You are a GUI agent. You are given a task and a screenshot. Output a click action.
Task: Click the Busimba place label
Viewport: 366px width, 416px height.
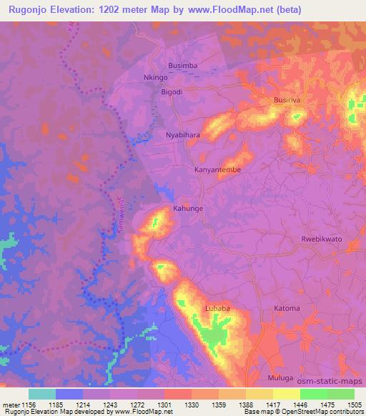coord(184,64)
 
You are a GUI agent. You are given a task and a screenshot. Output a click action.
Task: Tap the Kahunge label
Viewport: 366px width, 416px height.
coord(188,209)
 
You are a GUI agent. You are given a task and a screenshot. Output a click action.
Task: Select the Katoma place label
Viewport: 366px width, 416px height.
coord(287,308)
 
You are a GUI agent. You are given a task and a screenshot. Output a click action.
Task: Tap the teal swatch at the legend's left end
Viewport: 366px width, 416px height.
coord(42,393)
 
